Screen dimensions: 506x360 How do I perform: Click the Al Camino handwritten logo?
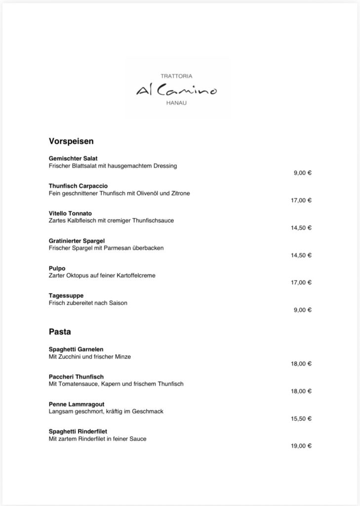[x=176, y=90]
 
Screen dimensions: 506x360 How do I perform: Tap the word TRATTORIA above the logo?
[x=176, y=76]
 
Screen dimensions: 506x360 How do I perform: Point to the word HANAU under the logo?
[x=176, y=104]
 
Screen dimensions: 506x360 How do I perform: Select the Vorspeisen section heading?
[x=71, y=141]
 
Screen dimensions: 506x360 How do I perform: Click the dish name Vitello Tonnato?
[x=70, y=213]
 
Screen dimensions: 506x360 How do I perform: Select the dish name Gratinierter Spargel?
[x=77, y=241]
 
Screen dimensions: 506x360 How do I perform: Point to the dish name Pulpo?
[x=57, y=268]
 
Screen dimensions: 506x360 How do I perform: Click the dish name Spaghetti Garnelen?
[x=76, y=349]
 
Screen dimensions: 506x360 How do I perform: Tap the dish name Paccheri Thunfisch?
[x=76, y=377]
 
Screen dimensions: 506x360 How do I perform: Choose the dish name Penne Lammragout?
[x=77, y=404]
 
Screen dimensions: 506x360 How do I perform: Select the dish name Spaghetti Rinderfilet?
[x=78, y=431]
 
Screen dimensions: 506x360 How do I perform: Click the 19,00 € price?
[x=301, y=446]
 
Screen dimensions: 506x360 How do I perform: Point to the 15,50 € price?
[x=301, y=419]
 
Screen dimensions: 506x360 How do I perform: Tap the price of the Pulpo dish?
[x=301, y=283]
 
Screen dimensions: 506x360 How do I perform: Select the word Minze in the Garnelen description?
[x=123, y=356]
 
